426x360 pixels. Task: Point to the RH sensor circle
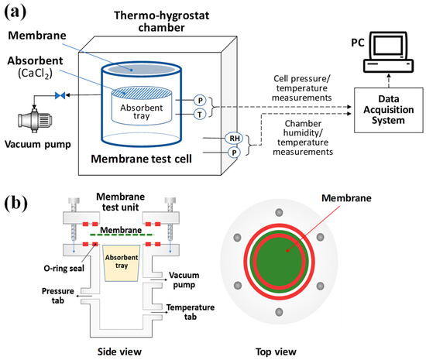pos(210,139)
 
